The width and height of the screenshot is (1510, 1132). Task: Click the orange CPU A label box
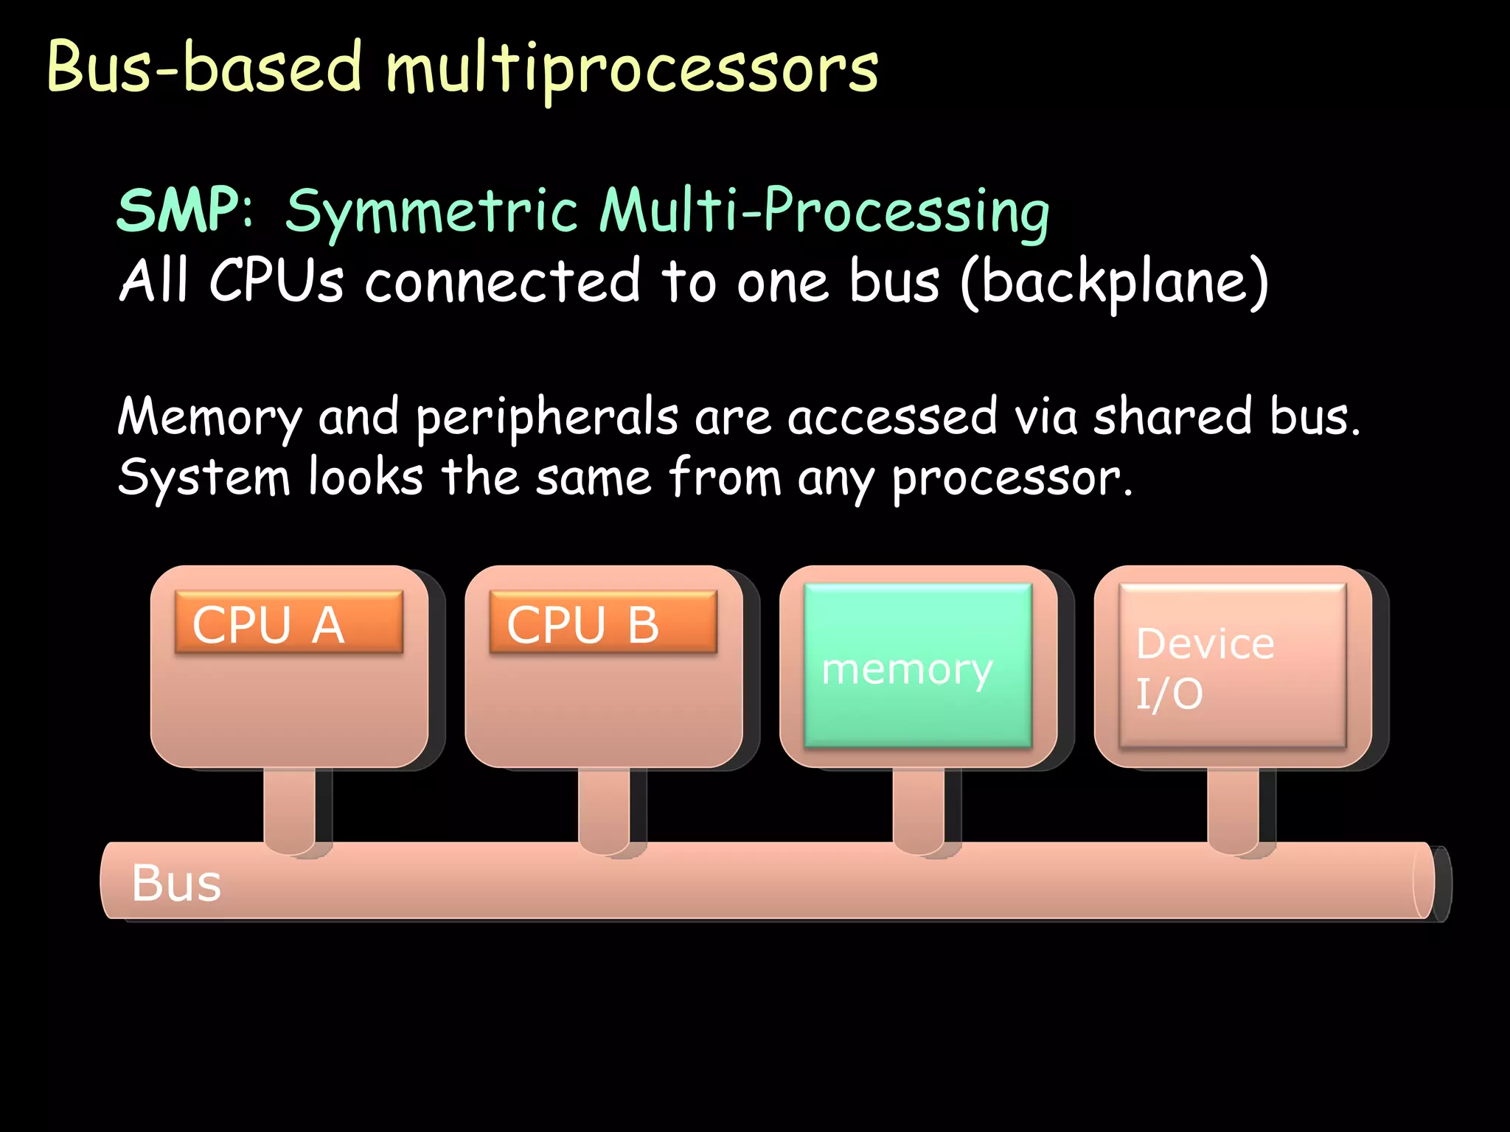click(288, 623)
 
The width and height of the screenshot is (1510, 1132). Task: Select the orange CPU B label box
click(603, 623)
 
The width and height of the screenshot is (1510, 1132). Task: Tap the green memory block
click(917, 665)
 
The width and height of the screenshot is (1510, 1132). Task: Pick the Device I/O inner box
click(1232, 665)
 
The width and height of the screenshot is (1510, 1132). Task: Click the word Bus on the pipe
click(176, 883)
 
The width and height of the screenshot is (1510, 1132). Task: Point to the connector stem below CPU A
click(289, 807)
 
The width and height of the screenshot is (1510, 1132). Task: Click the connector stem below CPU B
click(604, 807)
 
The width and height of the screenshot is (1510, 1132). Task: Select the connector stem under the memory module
click(918, 807)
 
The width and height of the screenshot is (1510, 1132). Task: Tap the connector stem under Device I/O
click(1233, 807)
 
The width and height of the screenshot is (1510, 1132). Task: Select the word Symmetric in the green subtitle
click(431, 212)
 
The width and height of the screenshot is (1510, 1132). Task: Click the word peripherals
click(546, 418)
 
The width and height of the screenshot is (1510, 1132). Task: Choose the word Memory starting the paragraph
click(210, 418)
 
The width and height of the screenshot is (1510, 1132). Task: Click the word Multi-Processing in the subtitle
click(824, 212)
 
